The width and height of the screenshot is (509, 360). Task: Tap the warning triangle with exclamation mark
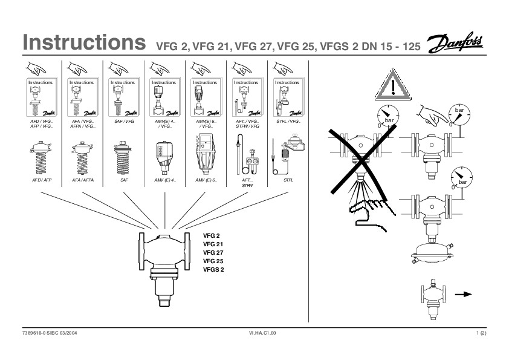coord(393,87)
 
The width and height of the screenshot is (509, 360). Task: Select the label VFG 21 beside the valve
coord(213,244)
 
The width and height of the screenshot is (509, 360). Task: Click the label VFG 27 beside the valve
coord(213,252)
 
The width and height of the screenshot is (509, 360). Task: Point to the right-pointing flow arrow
coord(463,294)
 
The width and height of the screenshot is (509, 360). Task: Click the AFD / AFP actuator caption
coord(41,180)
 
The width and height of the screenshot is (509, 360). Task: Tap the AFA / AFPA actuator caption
coord(83,180)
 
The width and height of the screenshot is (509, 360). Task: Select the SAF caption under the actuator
coord(124,180)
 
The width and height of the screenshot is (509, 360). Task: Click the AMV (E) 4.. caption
coord(164,180)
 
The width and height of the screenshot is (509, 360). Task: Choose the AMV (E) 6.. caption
coord(206,180)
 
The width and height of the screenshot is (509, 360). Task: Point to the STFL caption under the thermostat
coord(288,180)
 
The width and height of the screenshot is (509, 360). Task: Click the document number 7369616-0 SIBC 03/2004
coord(50,333)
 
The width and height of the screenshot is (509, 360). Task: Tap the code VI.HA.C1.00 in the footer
coord(262,333)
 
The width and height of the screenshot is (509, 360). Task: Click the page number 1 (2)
coord(481,333)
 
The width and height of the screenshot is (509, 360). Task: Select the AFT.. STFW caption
coord(247,183)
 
